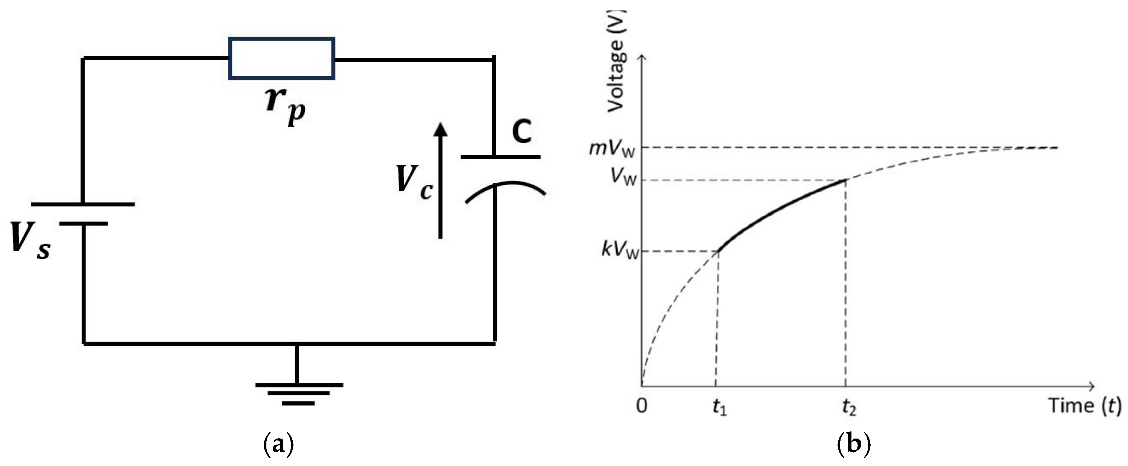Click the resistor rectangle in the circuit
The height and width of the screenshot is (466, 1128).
click(x=281, y=59)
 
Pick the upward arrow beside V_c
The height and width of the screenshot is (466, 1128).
click(x=441, y=179)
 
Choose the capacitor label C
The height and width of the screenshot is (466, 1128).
click(x=522, y=131)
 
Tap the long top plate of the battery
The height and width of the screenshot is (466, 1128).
click(x=83, y=204)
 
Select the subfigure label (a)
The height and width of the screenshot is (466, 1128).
click(x=278, y=445)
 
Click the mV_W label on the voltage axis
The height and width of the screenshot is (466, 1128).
click(x=612, y=149)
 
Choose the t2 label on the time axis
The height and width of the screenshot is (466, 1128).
click(x=848, y=407)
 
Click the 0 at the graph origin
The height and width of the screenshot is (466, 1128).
click(x=642, y=406)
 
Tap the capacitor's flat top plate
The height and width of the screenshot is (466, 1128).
click(x=500, y=156)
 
